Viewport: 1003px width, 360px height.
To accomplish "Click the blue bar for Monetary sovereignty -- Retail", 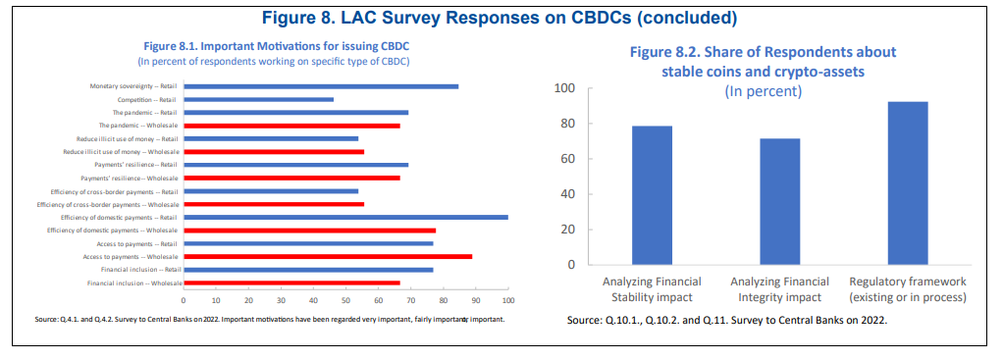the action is pyautogui.click(x=321, y=86).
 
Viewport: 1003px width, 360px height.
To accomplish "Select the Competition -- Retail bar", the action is pyautogui.click(x=258, y=99).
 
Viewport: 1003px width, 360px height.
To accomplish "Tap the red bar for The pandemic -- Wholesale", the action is pyautogui.click(x=291, y=126).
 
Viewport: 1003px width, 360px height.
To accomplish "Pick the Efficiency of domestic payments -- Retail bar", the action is pyautogui.click(x=346, y=218).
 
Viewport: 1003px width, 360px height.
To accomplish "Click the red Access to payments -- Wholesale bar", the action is pyautogui.click(x=328, y=256).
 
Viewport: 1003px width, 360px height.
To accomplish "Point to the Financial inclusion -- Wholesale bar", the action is pyautogui.click(x=291, y=283).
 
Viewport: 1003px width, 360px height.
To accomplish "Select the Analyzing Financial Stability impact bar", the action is pyautogui.click(x=652, y=195).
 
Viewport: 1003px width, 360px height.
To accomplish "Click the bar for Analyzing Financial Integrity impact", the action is pyautogui.click(x=780, y=201).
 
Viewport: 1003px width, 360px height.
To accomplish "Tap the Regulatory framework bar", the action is pyautogui.click(x=908, y=182).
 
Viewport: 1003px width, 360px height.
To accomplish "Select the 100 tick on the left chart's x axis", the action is pyautogui.click(x=508, y=300).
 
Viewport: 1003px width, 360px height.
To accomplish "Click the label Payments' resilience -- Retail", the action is pyautogui.click(x=135, y=165).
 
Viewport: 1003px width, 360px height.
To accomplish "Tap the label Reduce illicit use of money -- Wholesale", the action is pyautogui.click(x=121, y=151).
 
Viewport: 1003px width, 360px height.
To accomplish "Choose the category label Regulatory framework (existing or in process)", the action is pyautogui.click(x=908, y=289).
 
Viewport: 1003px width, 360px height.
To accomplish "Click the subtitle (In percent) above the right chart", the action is pyautogui.click(x=764, y=91).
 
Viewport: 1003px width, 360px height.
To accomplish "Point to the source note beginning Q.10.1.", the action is pyautogui.click(x=726, y=321).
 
